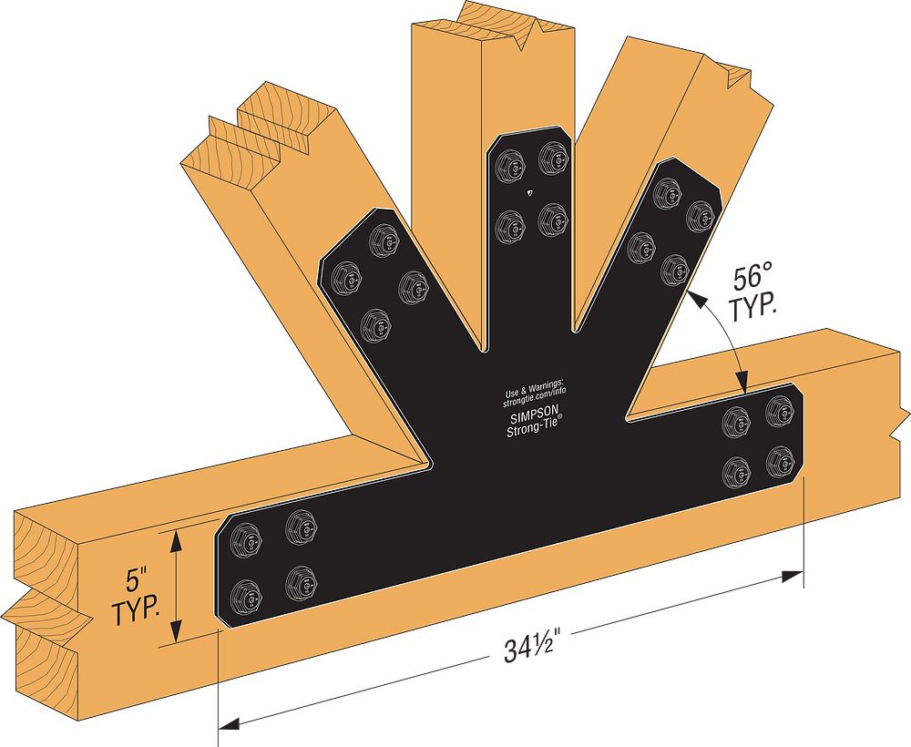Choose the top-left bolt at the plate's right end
coord(734,420)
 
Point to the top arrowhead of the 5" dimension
coord(177,537)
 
